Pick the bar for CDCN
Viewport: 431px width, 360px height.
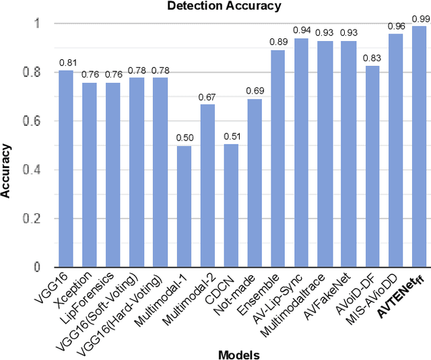coord(231,205)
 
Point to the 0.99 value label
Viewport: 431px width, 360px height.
coord(420,18)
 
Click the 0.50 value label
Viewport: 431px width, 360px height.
coord(184,138)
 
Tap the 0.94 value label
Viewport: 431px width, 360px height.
coord(302,30)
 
